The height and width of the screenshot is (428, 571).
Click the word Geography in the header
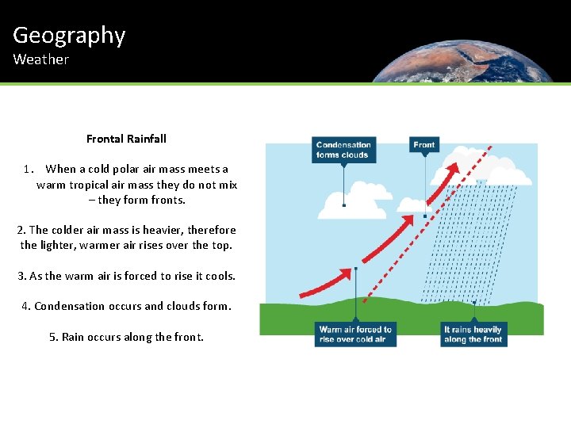click(x=69, y=36)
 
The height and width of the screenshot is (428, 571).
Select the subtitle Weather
click(x=40, y=59)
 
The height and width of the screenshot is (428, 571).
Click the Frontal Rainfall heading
click(x=126, y=139)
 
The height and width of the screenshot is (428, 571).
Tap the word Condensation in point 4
click(x=70, y=306)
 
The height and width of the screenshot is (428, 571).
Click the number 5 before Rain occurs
click(x=52, y=337)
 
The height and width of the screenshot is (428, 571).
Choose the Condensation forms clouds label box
click(x=343, y=150)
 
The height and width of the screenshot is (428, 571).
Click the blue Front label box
click(x=424, y=145)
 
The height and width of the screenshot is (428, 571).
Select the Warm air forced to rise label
click(x=355, y=334)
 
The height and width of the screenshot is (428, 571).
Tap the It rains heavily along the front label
click(x=473, y=334)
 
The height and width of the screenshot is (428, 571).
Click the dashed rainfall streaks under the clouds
click(x=468, y=246)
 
